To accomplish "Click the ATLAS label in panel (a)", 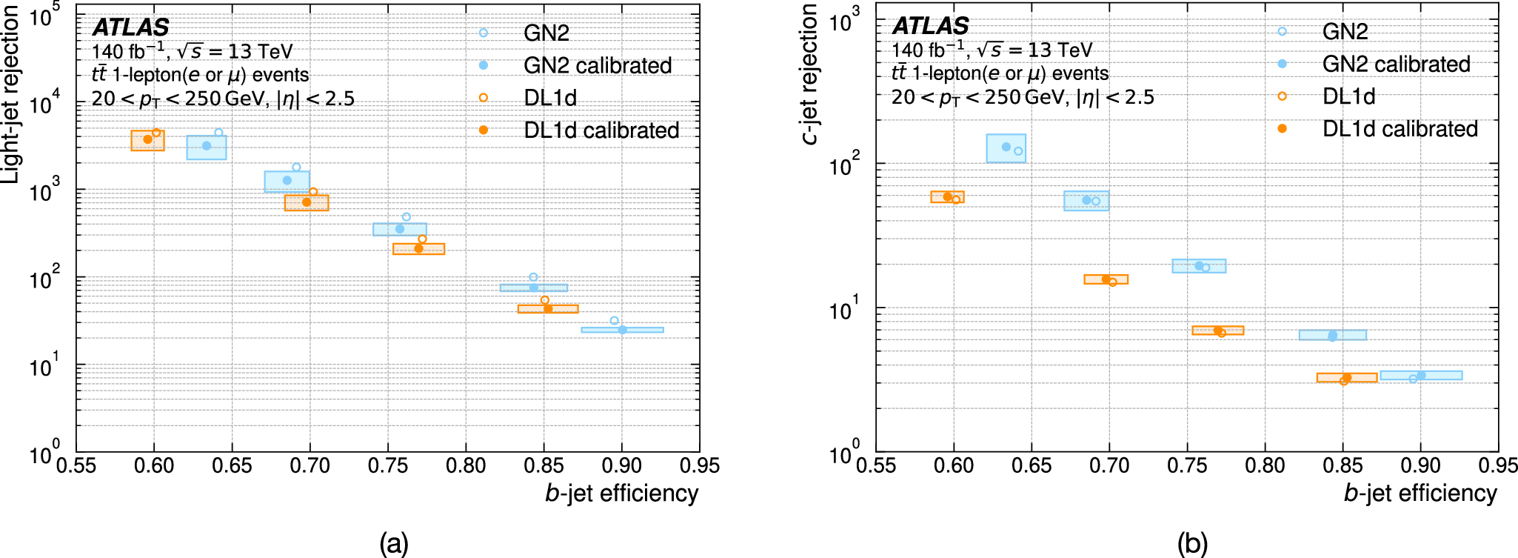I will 131,27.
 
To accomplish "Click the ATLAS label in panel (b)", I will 930,26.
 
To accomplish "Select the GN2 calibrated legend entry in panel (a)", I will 597,65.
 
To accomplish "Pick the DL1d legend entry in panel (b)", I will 1348,96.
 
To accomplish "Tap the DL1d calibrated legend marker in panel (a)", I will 483,130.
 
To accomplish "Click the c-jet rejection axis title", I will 810,74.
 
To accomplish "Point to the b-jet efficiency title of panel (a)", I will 621,494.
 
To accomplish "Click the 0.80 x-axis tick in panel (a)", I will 466,466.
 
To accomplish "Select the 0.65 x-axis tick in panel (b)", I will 1031,466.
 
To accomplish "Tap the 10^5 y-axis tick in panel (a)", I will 44,16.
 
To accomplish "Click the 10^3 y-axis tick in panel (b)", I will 844,21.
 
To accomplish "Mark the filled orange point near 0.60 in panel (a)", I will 147,139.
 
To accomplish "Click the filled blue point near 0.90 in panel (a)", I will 622,330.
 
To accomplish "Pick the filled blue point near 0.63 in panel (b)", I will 1006,147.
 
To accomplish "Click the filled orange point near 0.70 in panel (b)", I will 1106,279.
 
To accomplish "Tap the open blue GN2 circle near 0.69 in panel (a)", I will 296,167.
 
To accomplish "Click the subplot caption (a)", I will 393,543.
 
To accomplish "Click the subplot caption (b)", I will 1192,543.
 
